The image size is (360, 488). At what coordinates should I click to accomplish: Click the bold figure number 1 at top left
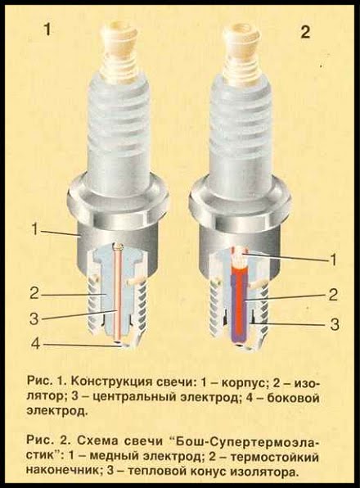48,31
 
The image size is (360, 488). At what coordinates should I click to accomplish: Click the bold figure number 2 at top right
305,31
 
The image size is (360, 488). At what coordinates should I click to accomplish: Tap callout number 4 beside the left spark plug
35,344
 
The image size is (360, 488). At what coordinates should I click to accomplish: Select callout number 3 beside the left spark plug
35,319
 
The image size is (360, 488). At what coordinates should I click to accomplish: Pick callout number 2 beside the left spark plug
35,293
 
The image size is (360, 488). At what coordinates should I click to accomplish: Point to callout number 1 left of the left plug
35,231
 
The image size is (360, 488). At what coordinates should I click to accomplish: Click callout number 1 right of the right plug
333,260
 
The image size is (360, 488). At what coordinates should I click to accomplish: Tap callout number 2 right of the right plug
333,295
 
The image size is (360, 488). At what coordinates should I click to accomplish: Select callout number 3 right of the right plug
334,324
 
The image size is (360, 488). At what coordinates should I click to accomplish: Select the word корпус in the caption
244,382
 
